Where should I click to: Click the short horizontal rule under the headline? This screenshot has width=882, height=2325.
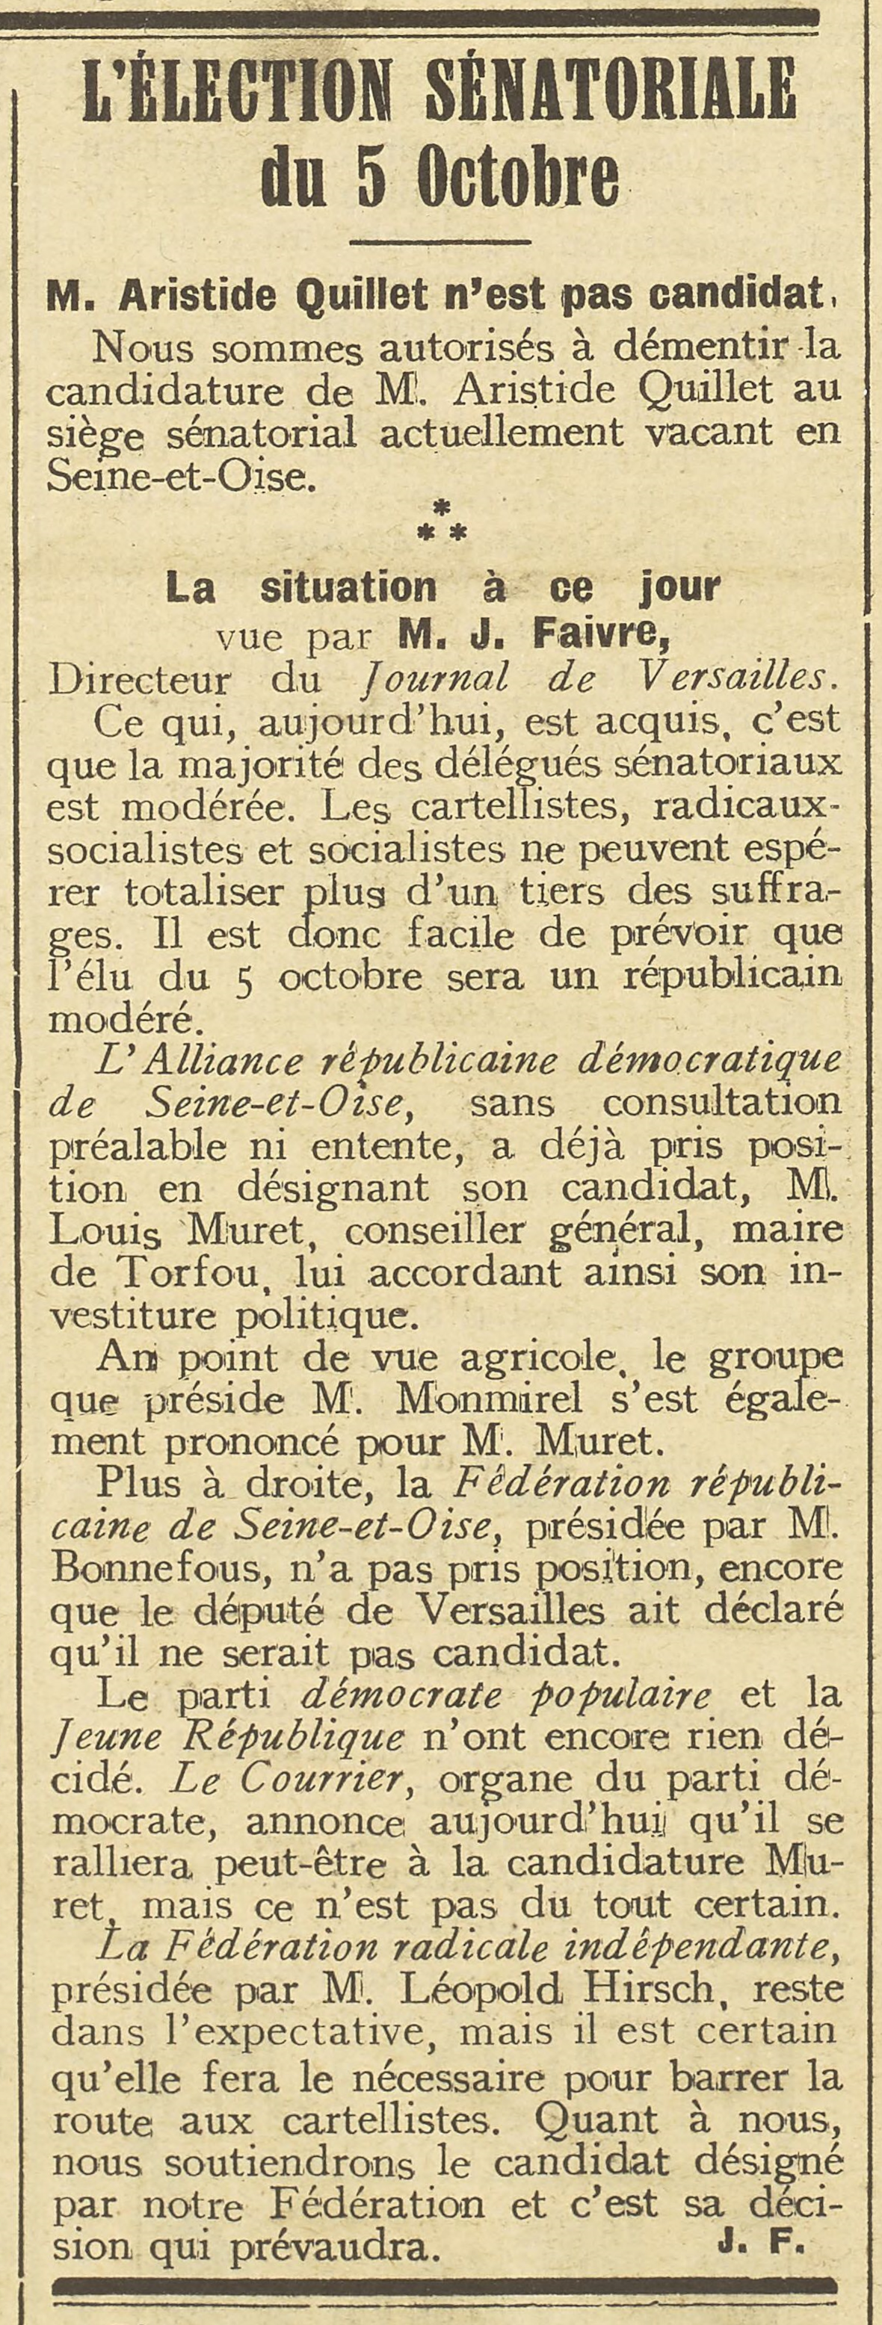pos(440,242)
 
